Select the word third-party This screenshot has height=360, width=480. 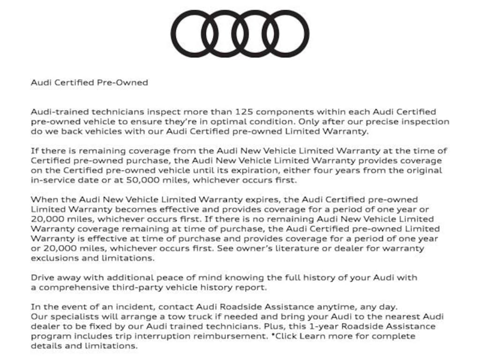[132, 287]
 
